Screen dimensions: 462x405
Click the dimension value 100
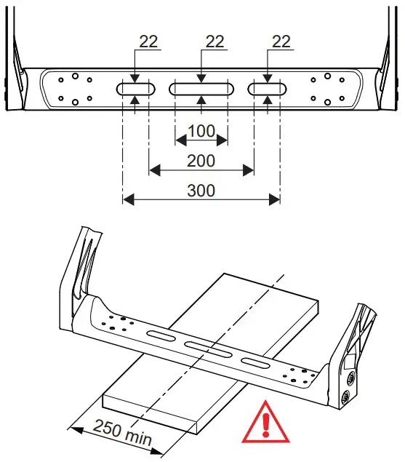click(x=201, y=132)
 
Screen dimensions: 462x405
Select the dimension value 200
click(x=201, y=160)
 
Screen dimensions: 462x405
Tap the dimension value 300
click(x=201, y=190)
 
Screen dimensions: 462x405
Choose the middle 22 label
click(x=214, y=42)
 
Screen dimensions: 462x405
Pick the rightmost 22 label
click(x=281, y=42)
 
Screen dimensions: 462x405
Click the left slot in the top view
click(x=135, y=89)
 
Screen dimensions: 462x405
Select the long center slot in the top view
click(x=201, y=89)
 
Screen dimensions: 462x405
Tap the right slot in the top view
click(x=268, y=89)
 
